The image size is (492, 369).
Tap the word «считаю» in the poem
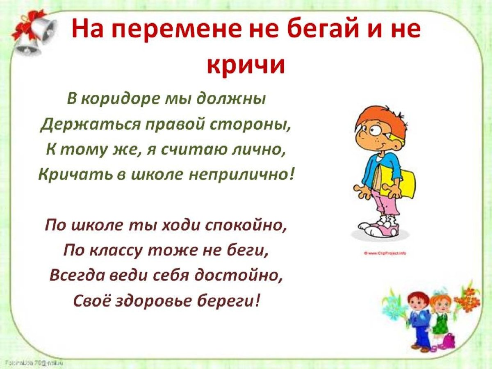192,150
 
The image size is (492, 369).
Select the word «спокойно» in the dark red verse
245,225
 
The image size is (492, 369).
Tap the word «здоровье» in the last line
167,301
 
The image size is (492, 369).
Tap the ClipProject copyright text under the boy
385,253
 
